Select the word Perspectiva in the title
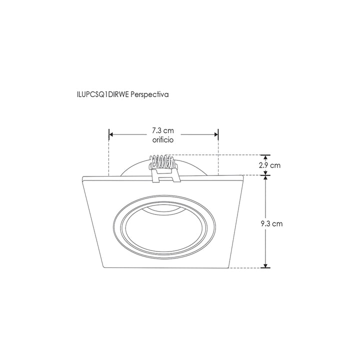click(x=149, y=93)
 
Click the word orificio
click(x=163, y=141)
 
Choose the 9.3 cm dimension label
click(x=271, y=223)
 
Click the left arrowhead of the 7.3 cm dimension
click(x=111, y=134)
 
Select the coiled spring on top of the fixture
click(x=162, y=162)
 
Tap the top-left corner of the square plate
click(x=82, y=176)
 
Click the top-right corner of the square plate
click(x=242, y=175)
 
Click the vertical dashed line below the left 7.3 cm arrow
click(x=108, y=157)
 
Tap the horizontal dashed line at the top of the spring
click(x=220, y=155)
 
